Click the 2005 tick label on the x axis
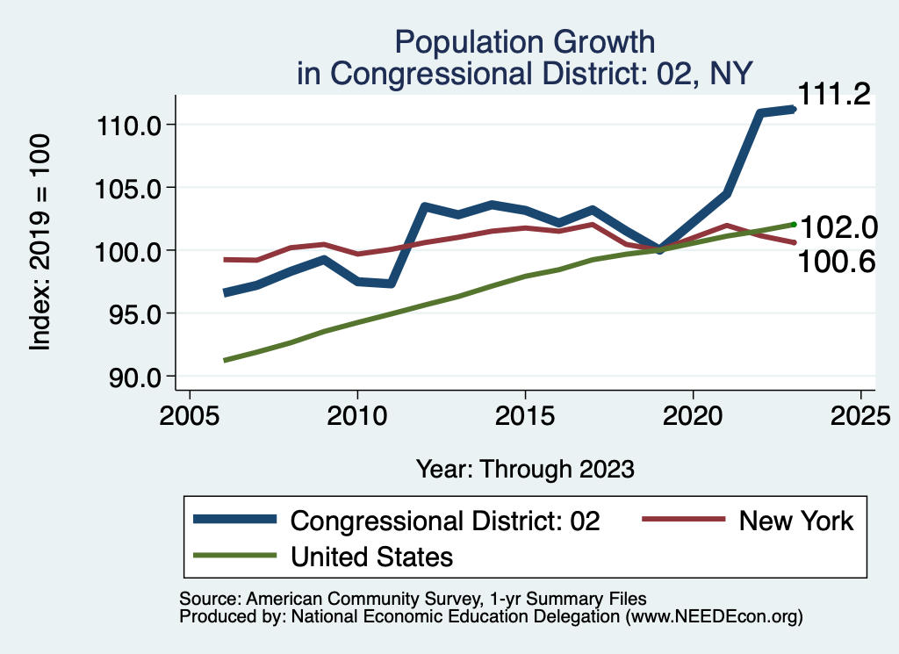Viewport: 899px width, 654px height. (191, 413)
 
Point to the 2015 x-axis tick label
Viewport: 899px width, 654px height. (525, 413)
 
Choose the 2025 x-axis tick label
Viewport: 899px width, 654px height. (860, 413)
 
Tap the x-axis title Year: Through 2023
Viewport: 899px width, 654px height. (525, 469)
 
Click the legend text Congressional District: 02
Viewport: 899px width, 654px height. (445, 521)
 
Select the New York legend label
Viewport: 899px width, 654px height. (795, 521)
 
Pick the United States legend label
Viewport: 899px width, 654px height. (372, 556)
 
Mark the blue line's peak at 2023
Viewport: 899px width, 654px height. (793, 110)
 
